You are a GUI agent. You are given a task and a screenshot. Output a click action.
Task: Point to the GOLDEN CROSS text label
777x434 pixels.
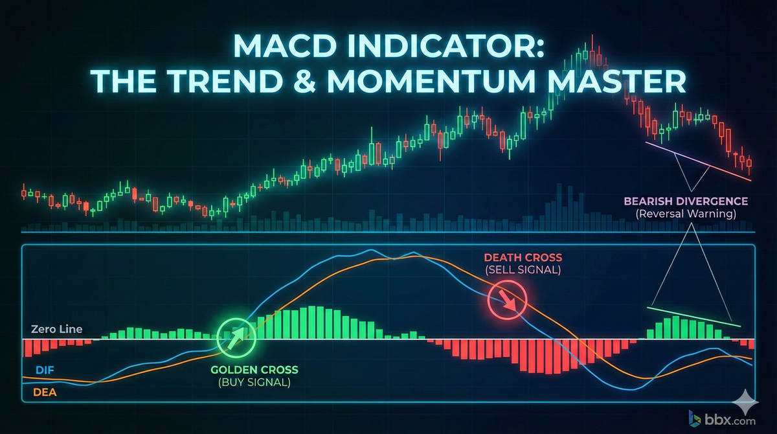click(254, 370)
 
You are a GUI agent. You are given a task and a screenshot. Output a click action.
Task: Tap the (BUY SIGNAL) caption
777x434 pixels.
click(254, 382)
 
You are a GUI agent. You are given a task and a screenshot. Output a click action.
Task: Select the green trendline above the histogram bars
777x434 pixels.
click(693, 315)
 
